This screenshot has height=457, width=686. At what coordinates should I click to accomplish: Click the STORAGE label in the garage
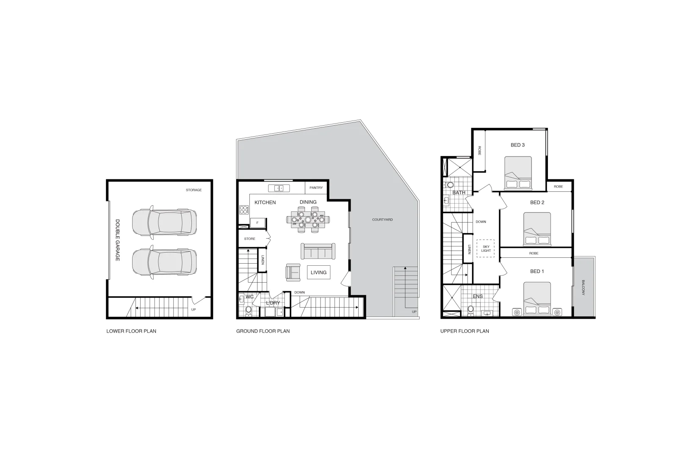(x=194, y=190)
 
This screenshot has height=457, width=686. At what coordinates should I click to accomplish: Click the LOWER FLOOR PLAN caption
(x=131, y=331)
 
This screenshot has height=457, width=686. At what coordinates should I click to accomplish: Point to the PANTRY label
(x=316, y=187)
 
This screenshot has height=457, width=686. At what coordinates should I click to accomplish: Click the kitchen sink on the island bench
(x=279, y=188)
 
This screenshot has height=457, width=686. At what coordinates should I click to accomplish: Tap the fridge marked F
(x=257, y=223)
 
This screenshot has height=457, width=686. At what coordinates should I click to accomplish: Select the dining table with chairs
(x=308, y=220)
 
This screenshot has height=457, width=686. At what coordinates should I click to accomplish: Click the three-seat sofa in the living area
(x=318, y=251)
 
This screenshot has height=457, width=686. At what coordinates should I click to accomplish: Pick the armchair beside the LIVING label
(x=293, y=272)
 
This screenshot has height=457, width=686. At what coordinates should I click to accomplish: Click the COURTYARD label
(x=382, y=220)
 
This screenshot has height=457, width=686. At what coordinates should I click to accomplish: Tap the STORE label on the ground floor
(x=250, y=239)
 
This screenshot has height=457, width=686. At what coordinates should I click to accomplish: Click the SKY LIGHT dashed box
(x=486, y=248)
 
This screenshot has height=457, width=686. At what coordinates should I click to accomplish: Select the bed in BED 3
(x=518, y=173)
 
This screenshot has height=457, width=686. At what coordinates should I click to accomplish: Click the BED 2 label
(x=537, y=202)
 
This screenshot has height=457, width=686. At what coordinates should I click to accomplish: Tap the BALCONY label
(x=584, y=287)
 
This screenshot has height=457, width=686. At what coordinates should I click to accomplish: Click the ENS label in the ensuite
(x=478, y=296)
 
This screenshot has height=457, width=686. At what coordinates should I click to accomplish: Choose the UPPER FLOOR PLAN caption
(x=465, y=331)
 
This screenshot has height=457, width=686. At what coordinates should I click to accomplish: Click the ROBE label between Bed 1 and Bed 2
(x=534, y=253)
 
